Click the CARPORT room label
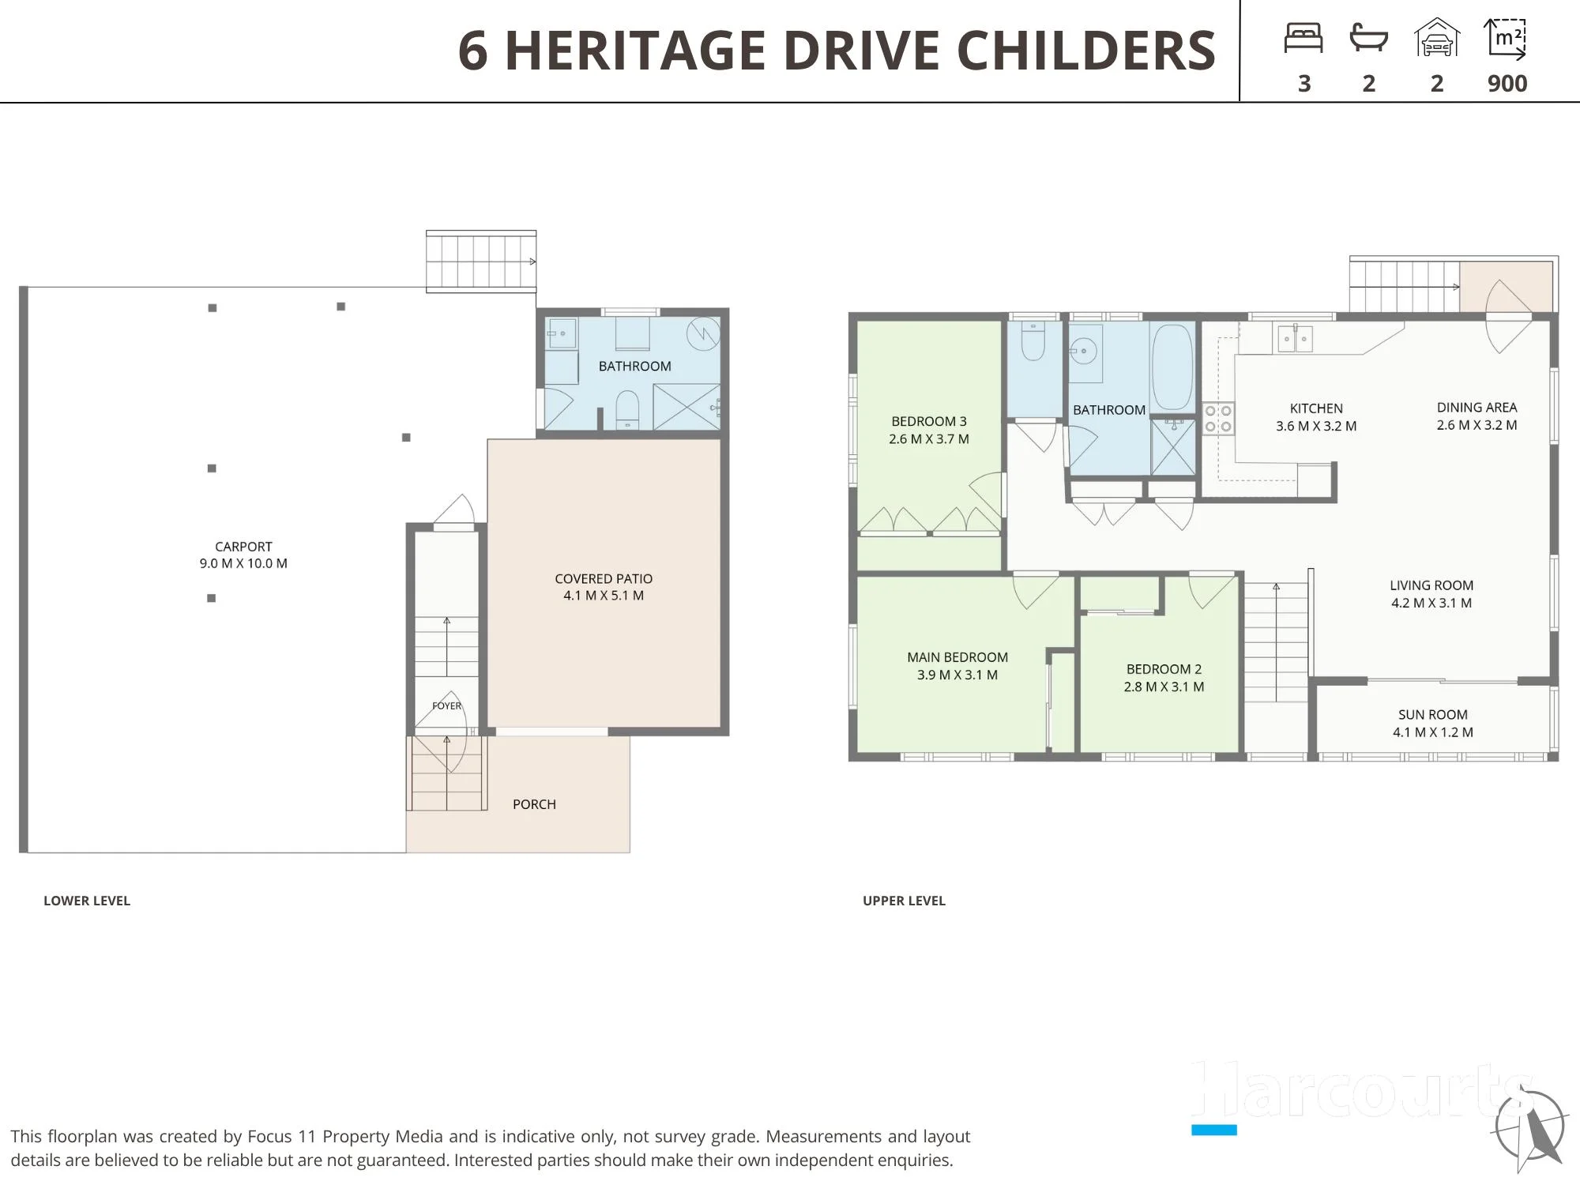click(243, 547)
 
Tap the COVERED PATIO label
click(604, 579)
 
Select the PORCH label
click(534, 804)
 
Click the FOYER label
click(446, 705)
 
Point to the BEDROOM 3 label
click(929, 422)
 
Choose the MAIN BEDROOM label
click(957, 657)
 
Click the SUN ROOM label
click(1433, 715)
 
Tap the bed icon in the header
click(1303, 38)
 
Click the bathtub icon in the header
click(1369, 38)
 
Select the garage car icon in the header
click(1437, 38)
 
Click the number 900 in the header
click(1507, 84)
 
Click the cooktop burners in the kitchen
click(1218, 419)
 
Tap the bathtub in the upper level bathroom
click(1172, 367)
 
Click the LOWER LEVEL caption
click(87, 901)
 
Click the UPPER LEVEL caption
click(904, 901)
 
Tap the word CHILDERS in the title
click(1086, 51)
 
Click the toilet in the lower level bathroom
click(627, 409)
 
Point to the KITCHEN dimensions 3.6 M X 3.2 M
click(1316, 427)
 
